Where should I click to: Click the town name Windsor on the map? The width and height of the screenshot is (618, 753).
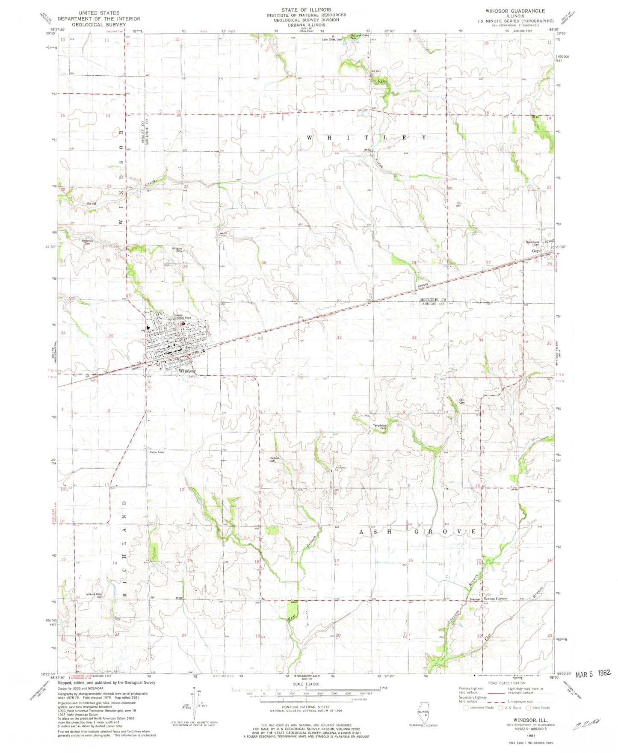(x=187, y=371)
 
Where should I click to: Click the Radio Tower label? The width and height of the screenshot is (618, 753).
(x=157, y=452)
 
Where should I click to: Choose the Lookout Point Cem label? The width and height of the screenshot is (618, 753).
(x=94, y=596)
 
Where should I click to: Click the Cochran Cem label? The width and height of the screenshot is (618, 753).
(x=274, y=460)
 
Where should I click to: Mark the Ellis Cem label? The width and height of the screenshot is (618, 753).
(x=462, y=402)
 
